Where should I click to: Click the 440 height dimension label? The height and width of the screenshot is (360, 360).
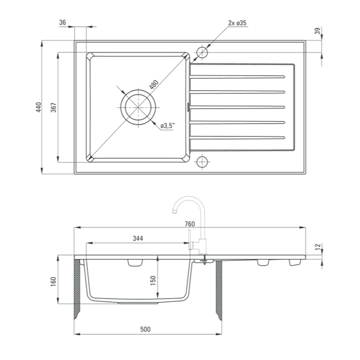tap(39, 107)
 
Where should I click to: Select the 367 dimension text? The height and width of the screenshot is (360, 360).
tap(54, 107)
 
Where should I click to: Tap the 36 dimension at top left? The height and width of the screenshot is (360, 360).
tap(62, 22)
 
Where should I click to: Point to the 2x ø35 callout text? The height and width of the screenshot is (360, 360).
tap(237, 23)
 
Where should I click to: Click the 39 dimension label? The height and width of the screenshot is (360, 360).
tap(317, 31)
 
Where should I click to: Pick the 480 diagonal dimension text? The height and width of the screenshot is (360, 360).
tap(154, 84)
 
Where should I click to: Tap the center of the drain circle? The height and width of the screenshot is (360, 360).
tap(138, 107)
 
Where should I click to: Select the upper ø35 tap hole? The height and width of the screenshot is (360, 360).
tap(202, 52)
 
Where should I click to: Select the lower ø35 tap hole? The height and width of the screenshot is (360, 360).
tap(202, 162)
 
